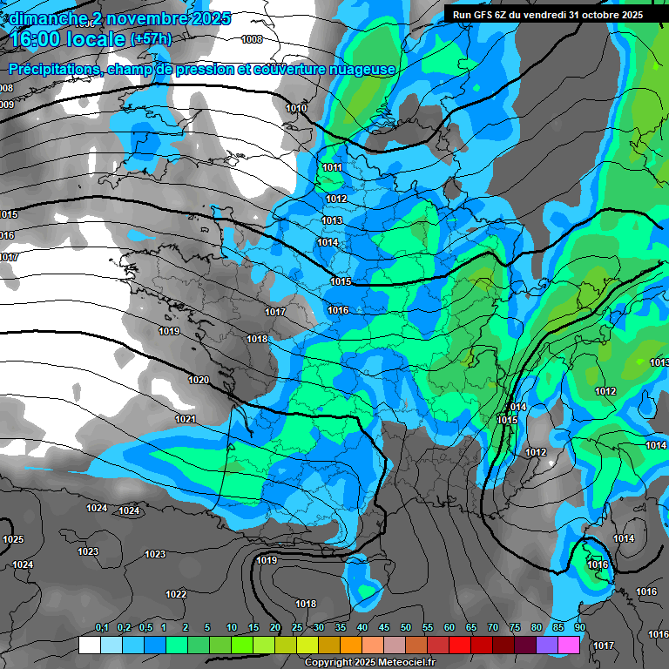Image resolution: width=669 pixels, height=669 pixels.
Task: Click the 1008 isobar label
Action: coord(252,39)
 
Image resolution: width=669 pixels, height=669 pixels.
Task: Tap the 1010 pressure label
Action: coord(296,108)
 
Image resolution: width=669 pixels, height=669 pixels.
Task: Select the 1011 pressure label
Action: coord(332,167)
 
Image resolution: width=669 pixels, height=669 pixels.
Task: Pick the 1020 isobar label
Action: coord(199,380)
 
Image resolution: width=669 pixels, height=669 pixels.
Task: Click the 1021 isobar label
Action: coord(186,419)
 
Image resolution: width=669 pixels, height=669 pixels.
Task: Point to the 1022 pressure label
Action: coord(176,594)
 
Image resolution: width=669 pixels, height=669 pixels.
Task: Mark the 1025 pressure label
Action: coord(13,540)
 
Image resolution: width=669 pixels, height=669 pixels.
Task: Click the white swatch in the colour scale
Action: coord(89,645)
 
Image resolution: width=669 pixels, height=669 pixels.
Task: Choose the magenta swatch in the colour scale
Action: coord(569,645)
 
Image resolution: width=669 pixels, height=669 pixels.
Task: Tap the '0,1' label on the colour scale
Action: coord(101,627)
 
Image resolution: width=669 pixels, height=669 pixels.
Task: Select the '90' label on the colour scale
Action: coord(579,627)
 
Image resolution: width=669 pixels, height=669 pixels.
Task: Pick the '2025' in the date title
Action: coord(206,18)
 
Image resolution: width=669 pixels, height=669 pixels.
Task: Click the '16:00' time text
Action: coord(39,39)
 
